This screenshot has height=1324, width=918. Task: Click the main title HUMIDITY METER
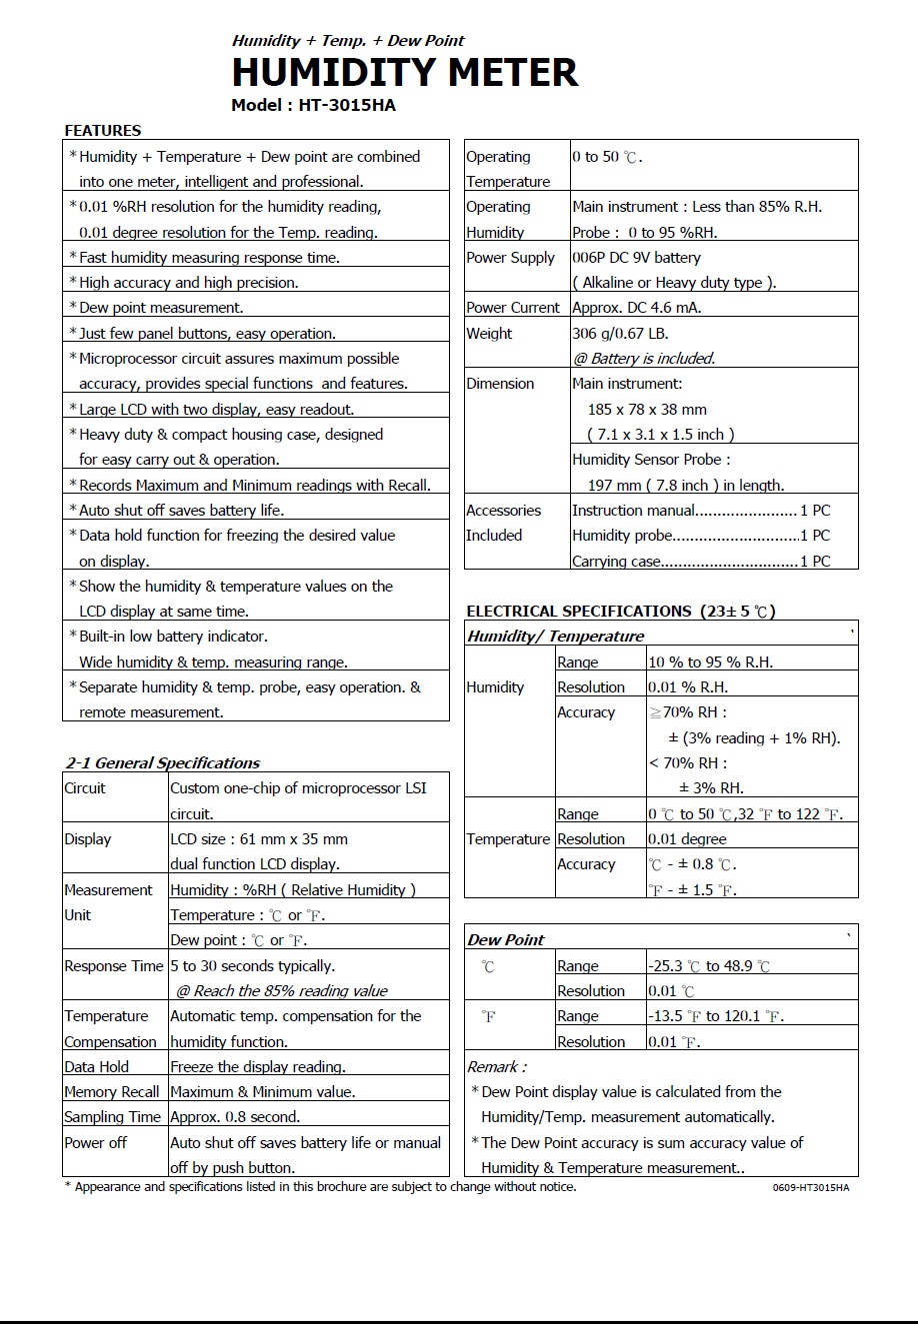point(405,73)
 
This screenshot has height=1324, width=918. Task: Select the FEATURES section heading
point(103,130)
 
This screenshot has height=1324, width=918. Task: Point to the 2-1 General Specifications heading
point(163,762)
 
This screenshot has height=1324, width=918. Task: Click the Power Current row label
point(513,308)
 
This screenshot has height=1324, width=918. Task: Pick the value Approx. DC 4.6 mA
point(637,308)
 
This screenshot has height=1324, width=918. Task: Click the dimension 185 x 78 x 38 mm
point(647,409)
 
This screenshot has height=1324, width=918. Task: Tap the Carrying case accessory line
point(700,562)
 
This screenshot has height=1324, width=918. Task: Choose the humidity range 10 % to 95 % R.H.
point(710,662)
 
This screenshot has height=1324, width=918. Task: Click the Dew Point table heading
point(506,939)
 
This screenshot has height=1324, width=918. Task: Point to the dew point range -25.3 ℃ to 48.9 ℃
point(709,966)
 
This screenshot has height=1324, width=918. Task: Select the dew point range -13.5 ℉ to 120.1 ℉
point(716,1016)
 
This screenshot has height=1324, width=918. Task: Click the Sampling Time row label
point(112,1117)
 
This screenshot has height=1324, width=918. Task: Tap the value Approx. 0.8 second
point(235,1117)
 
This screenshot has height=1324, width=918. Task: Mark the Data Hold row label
point(97,1066)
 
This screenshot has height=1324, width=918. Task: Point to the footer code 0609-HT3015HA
point(810,1188)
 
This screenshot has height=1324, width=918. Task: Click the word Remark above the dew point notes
point(497,1066)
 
